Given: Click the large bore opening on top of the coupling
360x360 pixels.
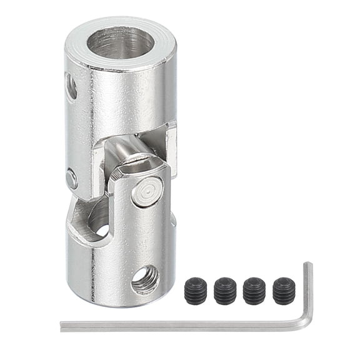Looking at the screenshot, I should point(121,43).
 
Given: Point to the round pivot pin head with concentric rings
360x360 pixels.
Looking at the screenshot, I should point(147,192).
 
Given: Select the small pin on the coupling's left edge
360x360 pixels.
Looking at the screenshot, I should point(72,179).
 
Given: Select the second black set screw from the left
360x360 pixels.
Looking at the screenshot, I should point(225,291).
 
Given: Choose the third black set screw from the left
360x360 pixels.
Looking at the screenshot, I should point(254,291).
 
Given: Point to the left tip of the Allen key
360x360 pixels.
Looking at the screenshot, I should point(63,326).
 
